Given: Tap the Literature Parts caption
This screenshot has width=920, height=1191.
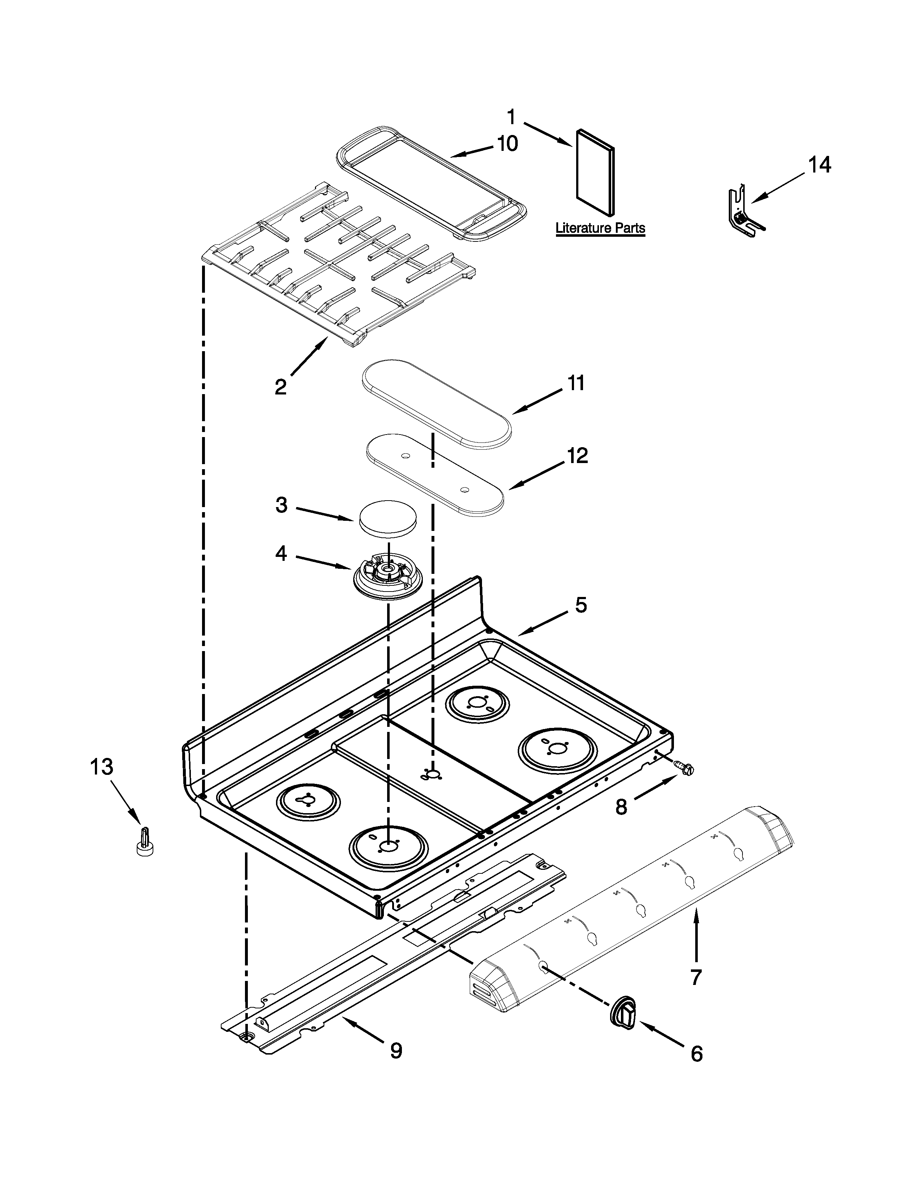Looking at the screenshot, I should coord(600,228).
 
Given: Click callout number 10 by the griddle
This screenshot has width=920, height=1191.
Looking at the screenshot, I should coord(507,143).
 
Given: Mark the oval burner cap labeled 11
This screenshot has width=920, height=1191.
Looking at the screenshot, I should coord(437,403).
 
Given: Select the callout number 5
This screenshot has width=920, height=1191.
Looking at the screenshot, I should coord(581,605).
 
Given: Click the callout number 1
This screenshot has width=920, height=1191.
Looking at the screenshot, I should coord(511,117).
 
